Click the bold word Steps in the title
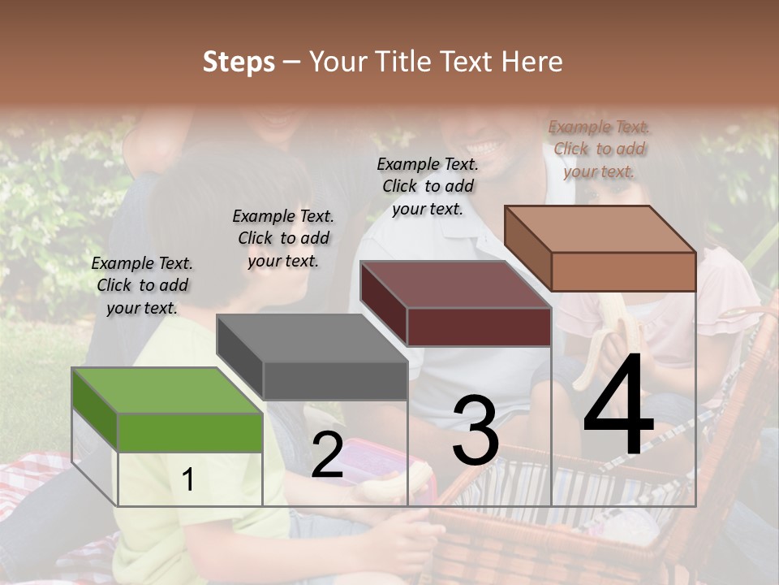pyautogui.click(x=239, y=62)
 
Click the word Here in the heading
pyautogui.click(x=532, y=62)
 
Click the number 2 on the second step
pyautogui.click(x=327, y=456)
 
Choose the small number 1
pyautogui.click(x=187, y=480)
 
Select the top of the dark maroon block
pyautogui.click(x=455, y=284)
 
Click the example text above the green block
pyautogui.click(x=142, y=285)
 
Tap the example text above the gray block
pyautogui.click(x=283, y=238)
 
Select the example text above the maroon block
pyautogui.click(x=428, y=186)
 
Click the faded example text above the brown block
pyautogui.click(x=599, y=149)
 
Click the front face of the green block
pyautogui.click(x=190, y=432)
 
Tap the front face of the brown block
pyautogui.click(x=623, y=271)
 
